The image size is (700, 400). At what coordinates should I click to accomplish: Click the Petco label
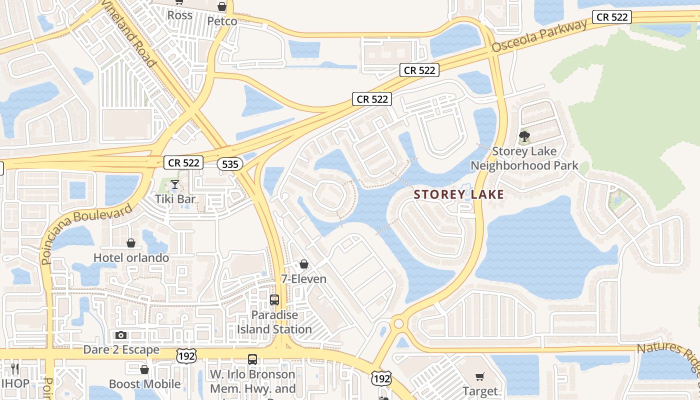tap(222, 21)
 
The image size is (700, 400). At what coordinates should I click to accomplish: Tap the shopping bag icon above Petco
tap(222, 6)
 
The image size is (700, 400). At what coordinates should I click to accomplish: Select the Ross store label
tap(179, 15)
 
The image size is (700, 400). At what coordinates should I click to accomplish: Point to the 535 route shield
tap(230, 163)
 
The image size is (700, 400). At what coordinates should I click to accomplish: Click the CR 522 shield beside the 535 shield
tap(183, 162)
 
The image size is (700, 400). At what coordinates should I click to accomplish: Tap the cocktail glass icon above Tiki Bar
tap(174, 185)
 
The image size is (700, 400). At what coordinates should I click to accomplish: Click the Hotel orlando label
tap(131, 258)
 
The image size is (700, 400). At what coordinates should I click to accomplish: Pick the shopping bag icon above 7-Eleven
tap(304, 264)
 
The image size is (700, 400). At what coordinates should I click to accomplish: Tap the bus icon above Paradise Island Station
tap(274, 300)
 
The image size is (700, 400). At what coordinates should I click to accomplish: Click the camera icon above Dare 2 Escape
tap(121, 335)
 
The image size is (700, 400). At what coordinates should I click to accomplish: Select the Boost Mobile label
tap(144, 384)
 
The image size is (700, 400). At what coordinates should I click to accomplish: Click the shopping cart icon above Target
tap(480, 376)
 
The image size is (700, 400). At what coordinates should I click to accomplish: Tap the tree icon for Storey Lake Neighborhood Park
tap(524, 135)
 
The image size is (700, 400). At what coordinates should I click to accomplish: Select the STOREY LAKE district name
tap(458, 195)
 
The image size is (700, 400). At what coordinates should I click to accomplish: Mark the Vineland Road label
tap(129, 33)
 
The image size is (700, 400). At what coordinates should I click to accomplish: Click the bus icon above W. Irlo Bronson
tap(252, 359)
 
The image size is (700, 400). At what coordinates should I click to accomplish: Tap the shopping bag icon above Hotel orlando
tap(131, 243)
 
